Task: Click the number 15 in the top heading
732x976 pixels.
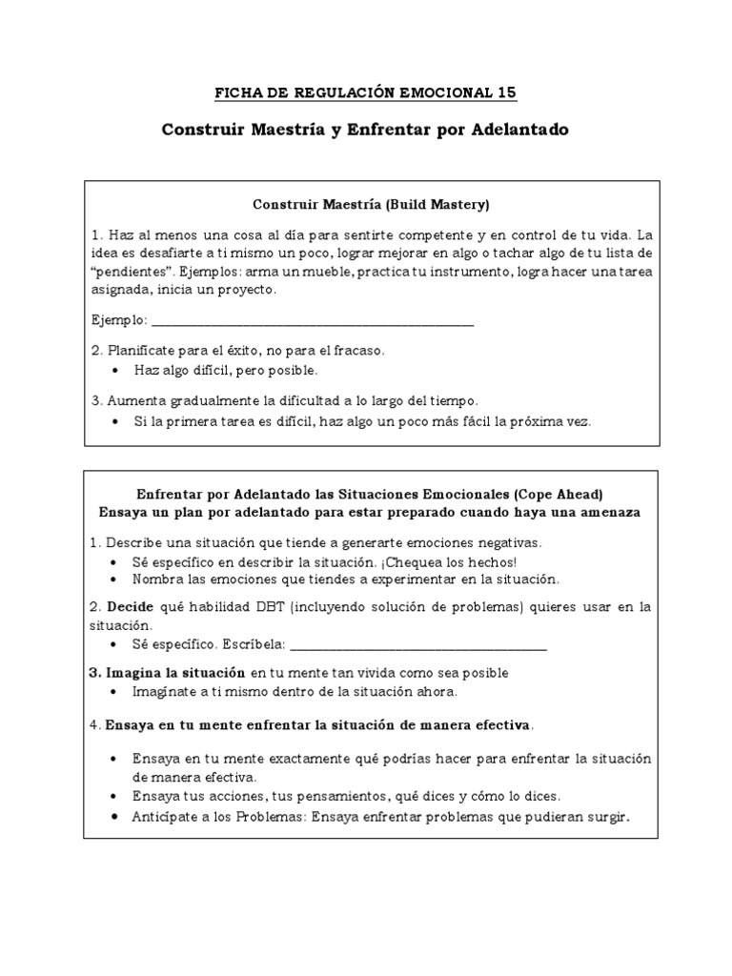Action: [506, 92]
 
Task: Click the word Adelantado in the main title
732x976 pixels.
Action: [519, 130]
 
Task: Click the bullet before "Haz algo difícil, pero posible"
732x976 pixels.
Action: [115, 370]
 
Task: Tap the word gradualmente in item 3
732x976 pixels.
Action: [213, 400]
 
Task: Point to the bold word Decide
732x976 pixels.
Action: [131, 606]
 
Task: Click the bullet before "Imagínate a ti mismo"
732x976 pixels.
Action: [115, 691]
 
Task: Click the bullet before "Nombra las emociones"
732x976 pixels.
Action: [115, 579]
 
